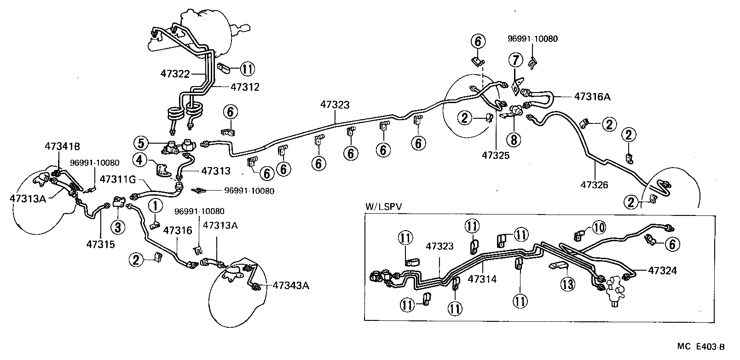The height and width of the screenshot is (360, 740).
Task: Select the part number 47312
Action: [x=245, y=87]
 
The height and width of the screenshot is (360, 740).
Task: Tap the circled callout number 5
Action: [x=142, y=143]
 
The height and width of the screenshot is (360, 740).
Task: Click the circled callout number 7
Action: [x=515, y=60]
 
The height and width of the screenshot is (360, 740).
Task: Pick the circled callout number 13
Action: [x=567, y=285]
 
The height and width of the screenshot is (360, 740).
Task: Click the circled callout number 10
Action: [x=599, y=227]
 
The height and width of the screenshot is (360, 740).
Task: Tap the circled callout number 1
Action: [x=155, y=204]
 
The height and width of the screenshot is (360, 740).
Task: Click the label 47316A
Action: [x=592, y=97]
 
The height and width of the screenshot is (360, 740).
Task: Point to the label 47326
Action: [x=594, y=185]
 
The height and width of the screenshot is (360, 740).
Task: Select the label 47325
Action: [x=496, y=156]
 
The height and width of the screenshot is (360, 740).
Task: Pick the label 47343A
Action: [x=290, y=285]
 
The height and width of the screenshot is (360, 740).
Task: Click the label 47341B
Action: [x=63, y=146]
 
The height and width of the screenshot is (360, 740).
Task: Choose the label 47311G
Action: [x=116, y=179]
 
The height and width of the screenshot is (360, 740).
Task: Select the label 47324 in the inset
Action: [x=662, y=271]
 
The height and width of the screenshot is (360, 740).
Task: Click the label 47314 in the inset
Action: [x=482, y=279]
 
